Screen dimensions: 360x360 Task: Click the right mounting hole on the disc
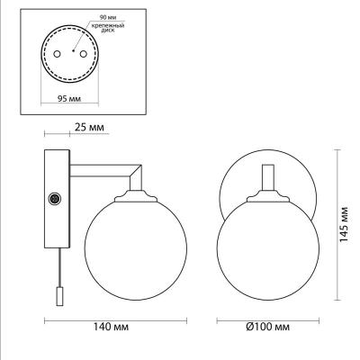[85, 53]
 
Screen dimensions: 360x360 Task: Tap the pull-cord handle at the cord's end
[60, 294]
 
